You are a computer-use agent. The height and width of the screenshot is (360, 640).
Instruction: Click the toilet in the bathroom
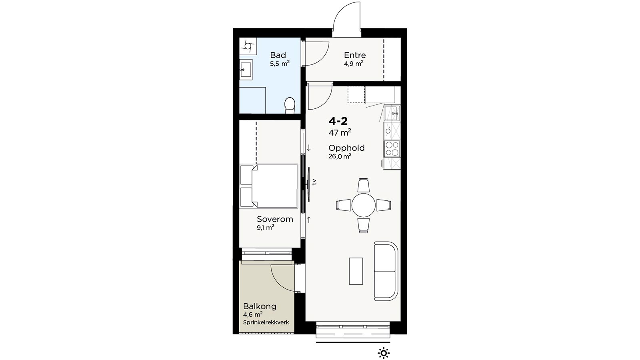coord(290,105)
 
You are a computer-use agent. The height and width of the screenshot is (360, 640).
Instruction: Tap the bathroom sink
coord(246,70)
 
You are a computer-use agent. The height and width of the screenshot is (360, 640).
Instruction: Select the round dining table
coord(364,205)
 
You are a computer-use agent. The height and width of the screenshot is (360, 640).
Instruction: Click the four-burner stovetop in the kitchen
coord(392,149)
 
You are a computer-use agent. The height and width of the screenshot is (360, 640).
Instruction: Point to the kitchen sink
coord(392,113)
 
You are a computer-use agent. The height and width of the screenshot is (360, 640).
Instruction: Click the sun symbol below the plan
coord(384,354)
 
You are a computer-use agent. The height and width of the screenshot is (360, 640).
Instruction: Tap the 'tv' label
coord(314,182)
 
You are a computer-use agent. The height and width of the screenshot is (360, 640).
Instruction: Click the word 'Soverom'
coord(275,219)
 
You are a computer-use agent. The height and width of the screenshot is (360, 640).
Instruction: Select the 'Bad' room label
coord(278,55)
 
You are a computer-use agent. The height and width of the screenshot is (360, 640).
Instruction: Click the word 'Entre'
coord(354,55)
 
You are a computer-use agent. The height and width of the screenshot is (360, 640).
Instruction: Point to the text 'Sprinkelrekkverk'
coord(266,322)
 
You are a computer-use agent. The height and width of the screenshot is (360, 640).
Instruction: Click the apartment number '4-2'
coord(338,121)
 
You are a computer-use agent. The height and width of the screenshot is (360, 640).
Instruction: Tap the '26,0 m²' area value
coord(340,156)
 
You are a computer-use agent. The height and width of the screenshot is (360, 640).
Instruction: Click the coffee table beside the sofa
coord(356,271)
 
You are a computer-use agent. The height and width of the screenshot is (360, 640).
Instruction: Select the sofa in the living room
coord(386,271)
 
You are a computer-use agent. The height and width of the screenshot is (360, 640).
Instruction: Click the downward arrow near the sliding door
coord(308,148)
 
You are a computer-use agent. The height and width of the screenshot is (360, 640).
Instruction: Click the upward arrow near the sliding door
coord(308,220)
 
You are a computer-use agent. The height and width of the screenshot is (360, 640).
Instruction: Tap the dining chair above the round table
coord(364,185)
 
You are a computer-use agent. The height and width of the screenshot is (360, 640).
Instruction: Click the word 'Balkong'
coord(260,306)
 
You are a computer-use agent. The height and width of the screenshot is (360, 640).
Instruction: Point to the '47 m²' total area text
coord(340,132)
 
